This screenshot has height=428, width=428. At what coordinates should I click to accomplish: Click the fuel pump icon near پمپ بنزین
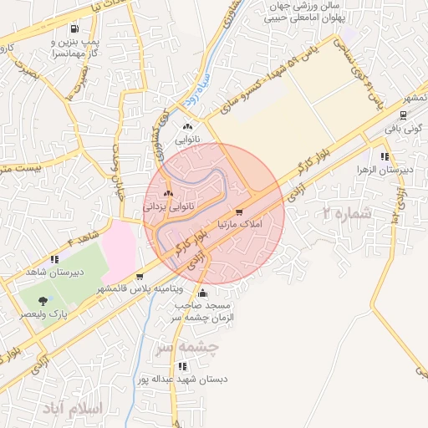pos(76,28)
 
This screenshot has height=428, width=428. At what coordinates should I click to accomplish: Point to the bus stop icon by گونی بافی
pos(405,116)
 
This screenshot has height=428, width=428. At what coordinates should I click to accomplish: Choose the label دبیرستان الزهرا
pos(383,169)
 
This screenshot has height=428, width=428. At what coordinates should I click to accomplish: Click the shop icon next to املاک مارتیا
pos(240,212)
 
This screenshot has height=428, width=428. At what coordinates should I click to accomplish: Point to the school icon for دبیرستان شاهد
pos(54,259)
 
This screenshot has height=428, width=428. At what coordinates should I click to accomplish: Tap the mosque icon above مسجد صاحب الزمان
pos(203,293)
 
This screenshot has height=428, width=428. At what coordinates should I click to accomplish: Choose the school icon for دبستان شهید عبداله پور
pos(182,366)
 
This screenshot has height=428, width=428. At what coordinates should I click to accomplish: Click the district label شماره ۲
pos(346,212)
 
